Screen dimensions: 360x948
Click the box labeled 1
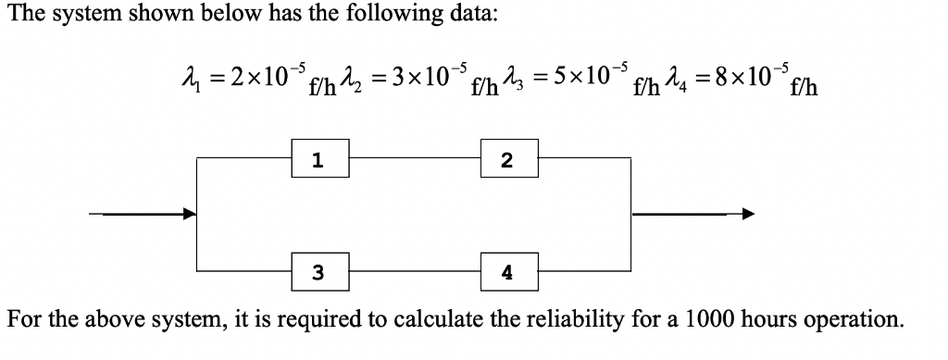[318, 159]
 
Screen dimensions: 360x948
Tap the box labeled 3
[318, 272]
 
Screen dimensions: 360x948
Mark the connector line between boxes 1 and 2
[414, 158]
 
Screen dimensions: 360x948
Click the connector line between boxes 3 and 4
[414, 272]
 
